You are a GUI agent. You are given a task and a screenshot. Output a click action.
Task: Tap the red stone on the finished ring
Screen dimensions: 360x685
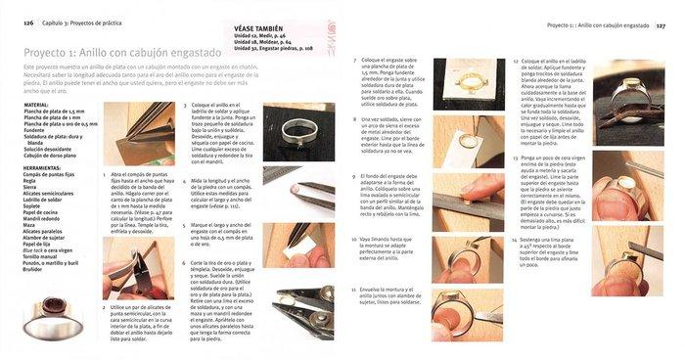[x=48, y=316]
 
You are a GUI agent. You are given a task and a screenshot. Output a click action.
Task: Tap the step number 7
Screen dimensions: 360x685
[x=355, y=60]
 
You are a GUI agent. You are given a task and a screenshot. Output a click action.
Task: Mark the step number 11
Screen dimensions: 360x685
[x=354, y=290]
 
